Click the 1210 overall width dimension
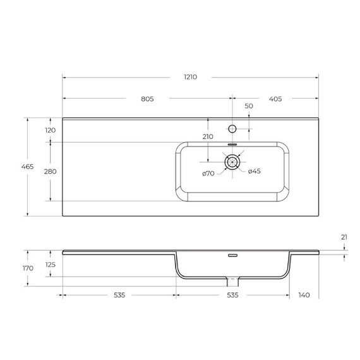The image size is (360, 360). click(190, 77)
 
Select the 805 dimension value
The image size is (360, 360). click(147, 99)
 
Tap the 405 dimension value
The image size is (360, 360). click(275, 99)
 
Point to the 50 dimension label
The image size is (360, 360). click(249, 106)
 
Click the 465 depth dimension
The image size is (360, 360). click(28, 167)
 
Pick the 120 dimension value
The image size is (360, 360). click(51, 130)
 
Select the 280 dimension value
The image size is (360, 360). click(51, 172)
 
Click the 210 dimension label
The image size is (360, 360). click(208, 137)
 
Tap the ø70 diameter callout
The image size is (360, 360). click(208, 174)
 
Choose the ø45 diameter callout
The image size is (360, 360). click(255, 171)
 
